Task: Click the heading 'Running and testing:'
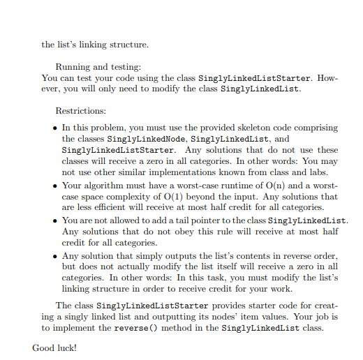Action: pos(98,66)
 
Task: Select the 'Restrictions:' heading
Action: pos(81,111)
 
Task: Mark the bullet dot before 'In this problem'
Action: pos(55,129)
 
